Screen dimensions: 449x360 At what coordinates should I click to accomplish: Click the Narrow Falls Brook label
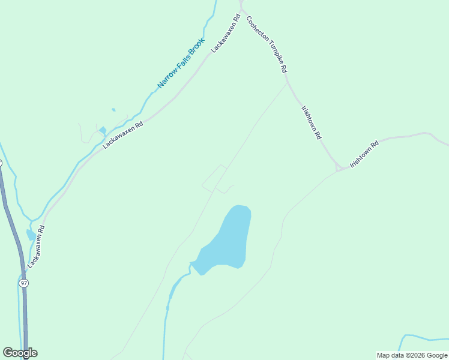click(181, 64)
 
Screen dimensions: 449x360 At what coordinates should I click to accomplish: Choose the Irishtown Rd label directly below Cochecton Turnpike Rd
click(312, 123)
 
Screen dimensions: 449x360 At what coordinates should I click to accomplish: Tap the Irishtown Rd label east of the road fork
click(365, 154)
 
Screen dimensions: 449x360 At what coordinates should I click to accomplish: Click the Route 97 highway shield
click(23, 283)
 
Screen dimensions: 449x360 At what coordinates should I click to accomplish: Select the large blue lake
click(228, 240)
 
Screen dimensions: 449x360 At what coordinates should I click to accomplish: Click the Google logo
click(20, 353)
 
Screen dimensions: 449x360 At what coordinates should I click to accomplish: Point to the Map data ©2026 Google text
click(412, 355)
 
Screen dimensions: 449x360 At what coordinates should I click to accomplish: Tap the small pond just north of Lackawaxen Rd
click(103, 130)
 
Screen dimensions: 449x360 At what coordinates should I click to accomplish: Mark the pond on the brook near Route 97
click(30, 234)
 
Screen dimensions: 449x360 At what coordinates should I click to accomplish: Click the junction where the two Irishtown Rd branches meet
click(340, 169)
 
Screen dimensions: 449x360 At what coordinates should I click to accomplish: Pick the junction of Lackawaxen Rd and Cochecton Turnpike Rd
click(241, 9)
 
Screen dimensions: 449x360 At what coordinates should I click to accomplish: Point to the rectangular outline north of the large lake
click(214, 178)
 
